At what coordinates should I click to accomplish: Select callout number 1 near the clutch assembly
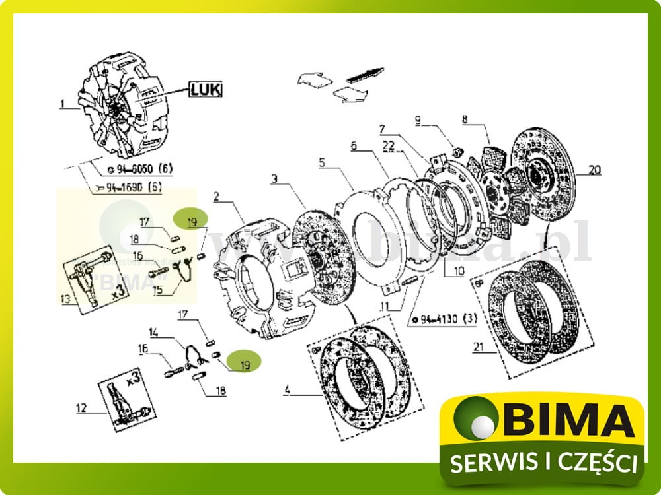pos(62,104)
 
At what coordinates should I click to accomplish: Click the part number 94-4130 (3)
pos(444,321)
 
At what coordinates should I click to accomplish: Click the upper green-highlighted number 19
pos(191,222)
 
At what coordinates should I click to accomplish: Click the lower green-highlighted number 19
pos(245,364)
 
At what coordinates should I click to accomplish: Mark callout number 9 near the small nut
pos(418,120)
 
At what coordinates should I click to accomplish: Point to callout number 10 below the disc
pos(458,271)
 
